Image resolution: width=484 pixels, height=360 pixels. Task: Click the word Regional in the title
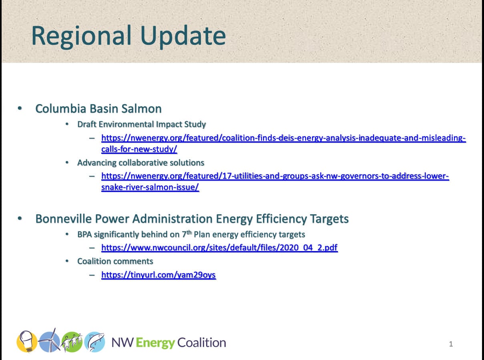[x=82, y=36]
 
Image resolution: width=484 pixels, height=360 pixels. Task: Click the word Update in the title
[x=183, y=35]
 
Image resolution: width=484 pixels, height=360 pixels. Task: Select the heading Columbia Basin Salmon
[x=98, y=109]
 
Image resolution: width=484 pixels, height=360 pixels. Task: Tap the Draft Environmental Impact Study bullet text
[x=142, y=124]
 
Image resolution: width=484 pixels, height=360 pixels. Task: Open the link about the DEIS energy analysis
[x=283, y=143]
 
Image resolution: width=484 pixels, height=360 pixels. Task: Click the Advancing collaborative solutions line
[x=141, y=163]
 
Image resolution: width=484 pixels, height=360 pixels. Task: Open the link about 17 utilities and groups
[x=275, y=181]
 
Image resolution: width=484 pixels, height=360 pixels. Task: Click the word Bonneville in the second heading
[x=64, y=219]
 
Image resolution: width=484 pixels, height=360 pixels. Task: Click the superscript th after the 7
[x=189, y=232]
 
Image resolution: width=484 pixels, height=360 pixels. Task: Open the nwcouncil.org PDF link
[x=219, y=247]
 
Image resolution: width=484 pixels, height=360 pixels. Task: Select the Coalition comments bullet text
[x=115, y=261]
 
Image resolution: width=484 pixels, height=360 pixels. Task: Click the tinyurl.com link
[x=159, y=275]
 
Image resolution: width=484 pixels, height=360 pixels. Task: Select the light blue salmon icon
[x=95, y=342]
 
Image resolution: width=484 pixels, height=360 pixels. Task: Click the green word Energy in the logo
[x=155, y=343]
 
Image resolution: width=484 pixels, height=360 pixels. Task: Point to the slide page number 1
[x=451, y=344]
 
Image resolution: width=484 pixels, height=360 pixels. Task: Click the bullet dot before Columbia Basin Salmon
[x=20, y=108]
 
